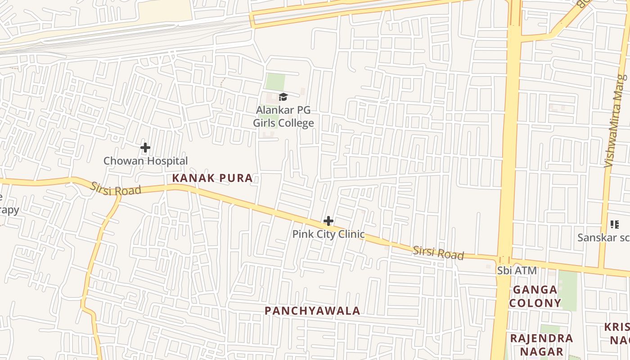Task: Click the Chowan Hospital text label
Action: tap(145, 161)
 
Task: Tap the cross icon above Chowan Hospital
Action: tap(145, 147)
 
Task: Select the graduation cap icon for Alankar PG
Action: tap(283, 97)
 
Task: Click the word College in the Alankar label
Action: tap(295, 123)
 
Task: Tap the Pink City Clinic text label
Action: tap(328, 234)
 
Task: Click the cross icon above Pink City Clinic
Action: tap(328, 221)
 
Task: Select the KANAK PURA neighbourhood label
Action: tap(212, 178)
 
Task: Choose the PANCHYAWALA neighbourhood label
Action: tap(312, 310)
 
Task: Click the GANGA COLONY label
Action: tap(535, 296)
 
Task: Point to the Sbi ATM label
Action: tap(517, 270)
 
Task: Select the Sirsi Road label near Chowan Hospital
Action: tap(116, 189)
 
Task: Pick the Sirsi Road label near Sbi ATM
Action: tap(438, 252)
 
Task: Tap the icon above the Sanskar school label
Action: tap(614, 224)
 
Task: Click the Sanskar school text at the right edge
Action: tap(603, 237)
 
